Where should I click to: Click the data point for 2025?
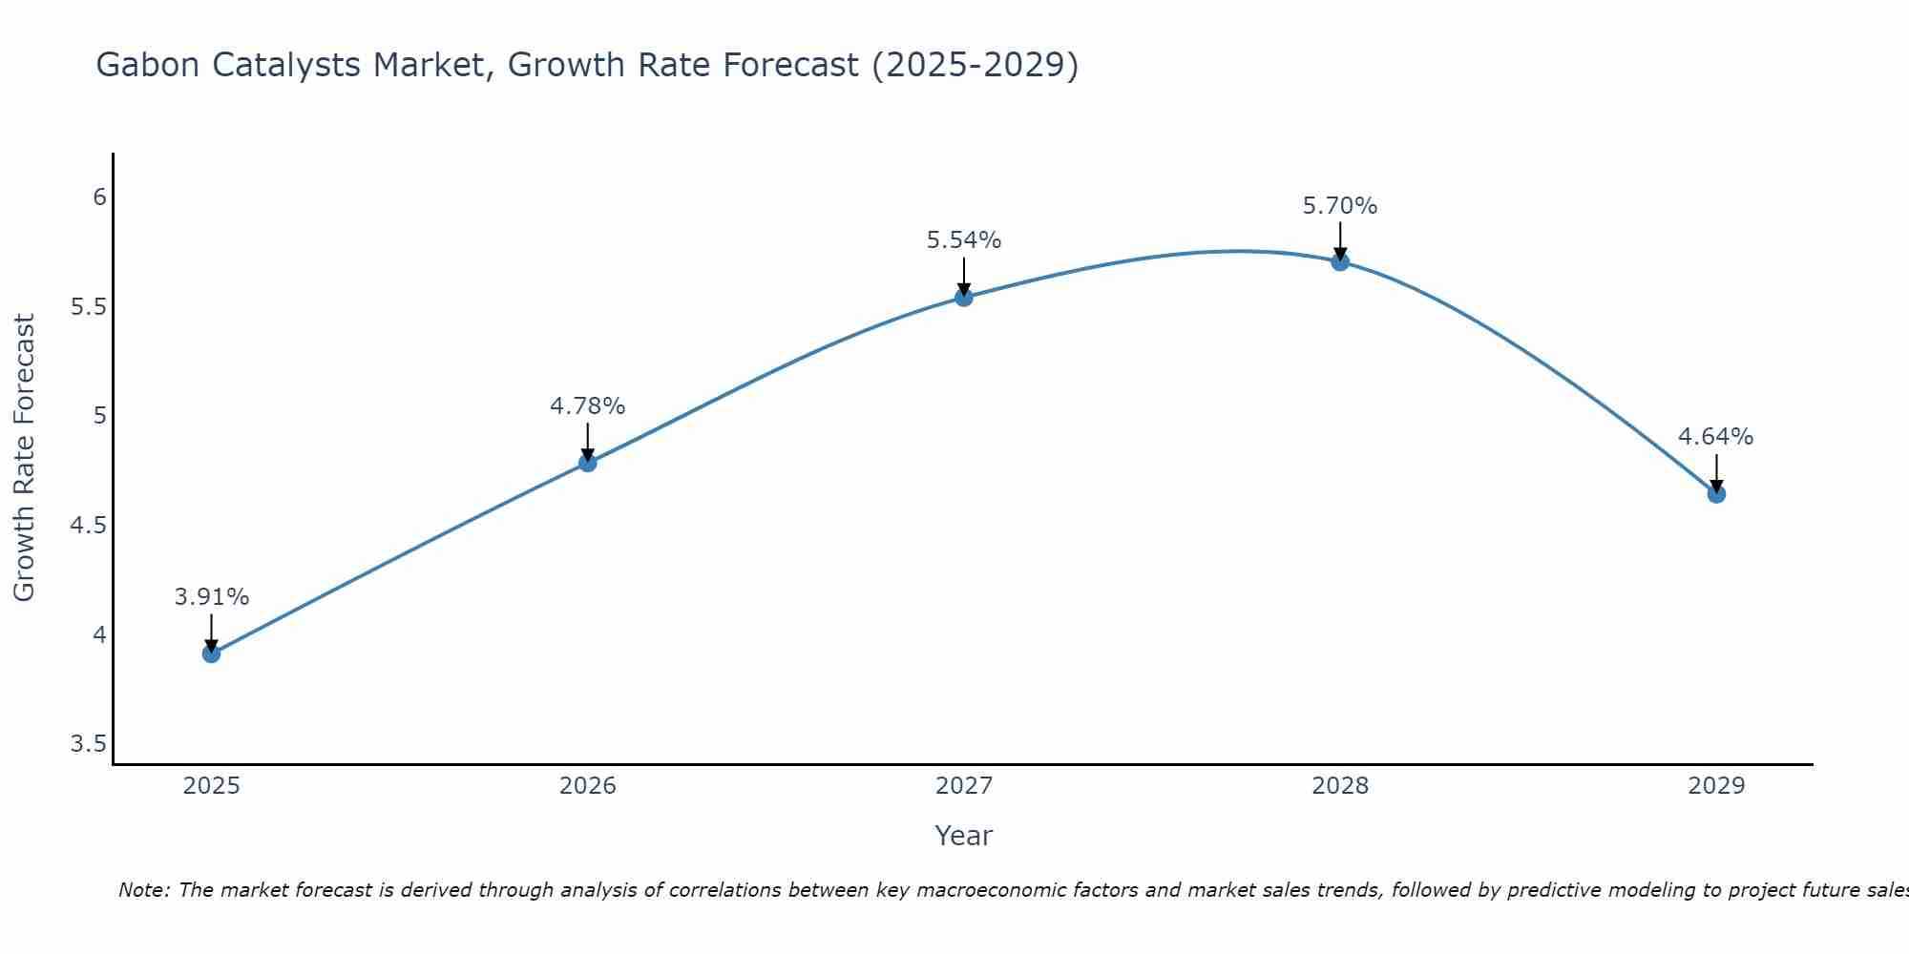211,653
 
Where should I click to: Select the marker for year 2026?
588,463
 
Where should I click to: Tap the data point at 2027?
964,298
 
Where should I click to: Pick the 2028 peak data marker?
1340,261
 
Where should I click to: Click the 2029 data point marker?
1716,494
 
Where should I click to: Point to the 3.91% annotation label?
211,597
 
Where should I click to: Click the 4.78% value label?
588,406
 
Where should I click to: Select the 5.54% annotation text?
964,240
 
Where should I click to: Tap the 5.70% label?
1340,206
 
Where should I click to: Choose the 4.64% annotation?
1716,437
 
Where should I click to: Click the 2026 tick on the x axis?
588,786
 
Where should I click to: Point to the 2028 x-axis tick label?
1340,786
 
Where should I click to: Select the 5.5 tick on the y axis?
88,306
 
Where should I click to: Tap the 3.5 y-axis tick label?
88,744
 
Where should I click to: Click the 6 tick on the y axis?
99,197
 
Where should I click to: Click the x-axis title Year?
964,836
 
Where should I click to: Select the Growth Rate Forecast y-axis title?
25,458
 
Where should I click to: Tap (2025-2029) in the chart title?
975,66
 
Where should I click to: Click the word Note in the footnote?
143,890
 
